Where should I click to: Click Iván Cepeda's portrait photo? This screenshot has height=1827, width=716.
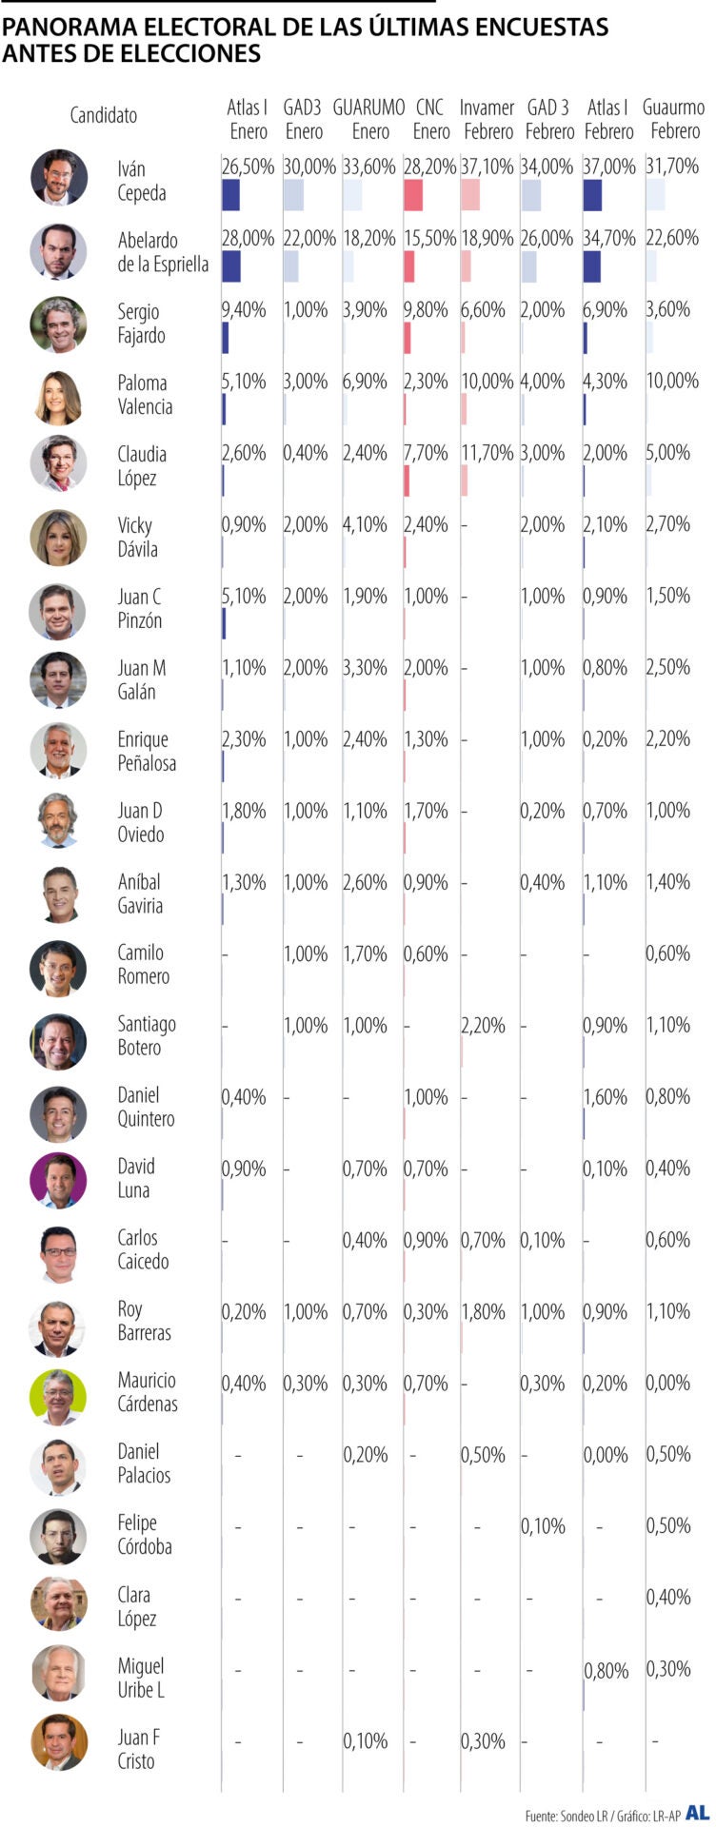tap(58, 177)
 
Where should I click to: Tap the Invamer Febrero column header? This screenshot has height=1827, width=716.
tap(487, 119)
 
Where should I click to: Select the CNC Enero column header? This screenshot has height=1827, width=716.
tap(430, 119)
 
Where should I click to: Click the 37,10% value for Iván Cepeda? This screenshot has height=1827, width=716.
tap(487, 167)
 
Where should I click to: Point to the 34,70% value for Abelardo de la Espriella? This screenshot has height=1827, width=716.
tap(608, 238)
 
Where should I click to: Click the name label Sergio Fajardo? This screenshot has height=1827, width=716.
tap(141, 324)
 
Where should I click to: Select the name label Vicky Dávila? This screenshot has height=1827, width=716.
tap(137, 537)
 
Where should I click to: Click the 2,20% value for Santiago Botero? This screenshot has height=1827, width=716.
tap(483, 1026)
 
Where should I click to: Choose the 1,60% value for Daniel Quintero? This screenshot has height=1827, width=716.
tap(605, 1097)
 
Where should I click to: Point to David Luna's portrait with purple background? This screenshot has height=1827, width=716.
tap(58, 1180)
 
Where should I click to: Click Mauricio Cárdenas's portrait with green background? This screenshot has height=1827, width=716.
tap(58, 1395)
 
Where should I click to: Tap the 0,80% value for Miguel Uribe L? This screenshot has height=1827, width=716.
tap(605, 1671)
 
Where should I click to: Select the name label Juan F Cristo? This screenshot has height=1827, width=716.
tap(138, 1749)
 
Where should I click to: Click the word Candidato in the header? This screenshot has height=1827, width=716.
tap(103, 116)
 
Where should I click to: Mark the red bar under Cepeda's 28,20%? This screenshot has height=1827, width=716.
tap(413, 194)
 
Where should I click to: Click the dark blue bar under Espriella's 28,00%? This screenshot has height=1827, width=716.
tap(230, 266)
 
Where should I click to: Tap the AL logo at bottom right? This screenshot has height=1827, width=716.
tap(697, 1813)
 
